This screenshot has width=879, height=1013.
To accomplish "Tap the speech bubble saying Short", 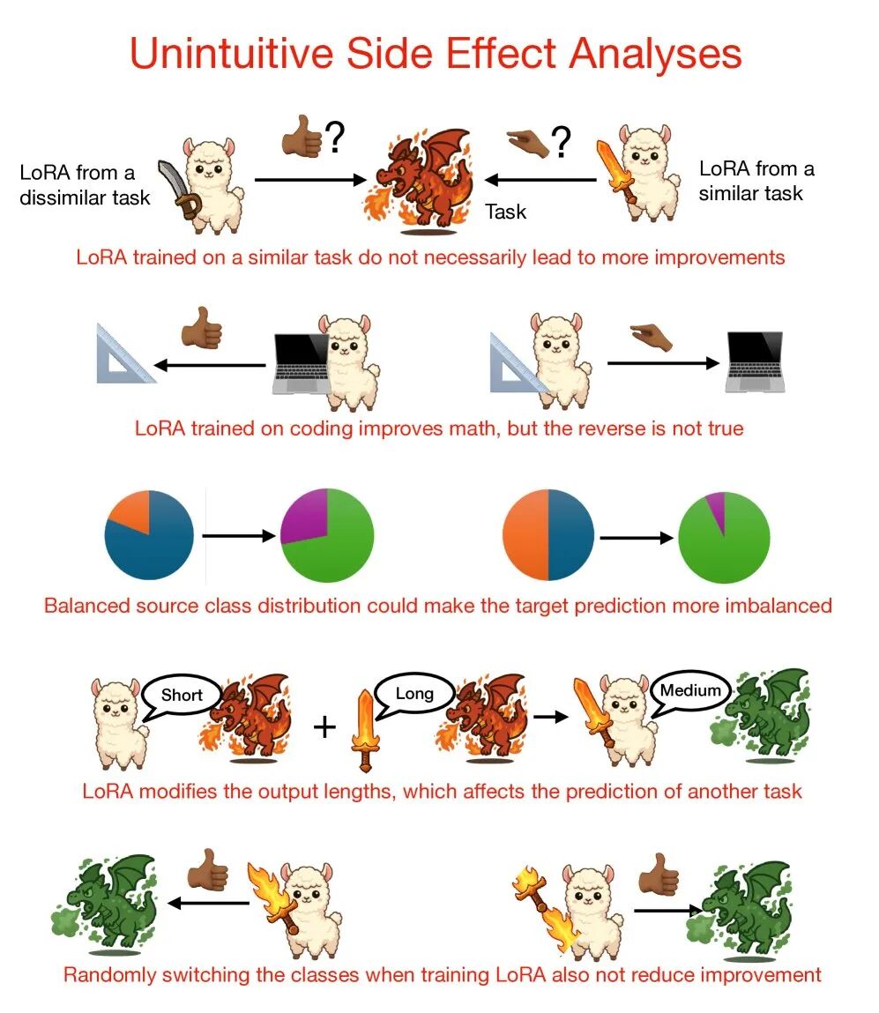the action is (x=181, y=696).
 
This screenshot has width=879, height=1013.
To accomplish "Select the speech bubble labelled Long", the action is (x=414, y=695).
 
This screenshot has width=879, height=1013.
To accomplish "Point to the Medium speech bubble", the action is (x=689, y=692).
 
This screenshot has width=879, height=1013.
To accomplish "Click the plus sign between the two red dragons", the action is (x=324, y=726).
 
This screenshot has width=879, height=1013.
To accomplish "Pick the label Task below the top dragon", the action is (x=506, y=212).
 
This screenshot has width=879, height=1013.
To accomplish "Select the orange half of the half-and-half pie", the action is (x=525, y=535).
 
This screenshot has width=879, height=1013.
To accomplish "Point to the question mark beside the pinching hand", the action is (x=562, y=142).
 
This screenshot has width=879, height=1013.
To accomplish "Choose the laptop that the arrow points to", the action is (x=755, y=361).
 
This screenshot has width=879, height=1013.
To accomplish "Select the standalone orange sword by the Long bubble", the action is (x=366, y=730).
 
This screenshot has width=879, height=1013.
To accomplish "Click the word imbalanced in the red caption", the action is (x=778, y=606).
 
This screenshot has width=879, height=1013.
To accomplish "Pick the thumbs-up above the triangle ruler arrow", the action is (x=202, y=328).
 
